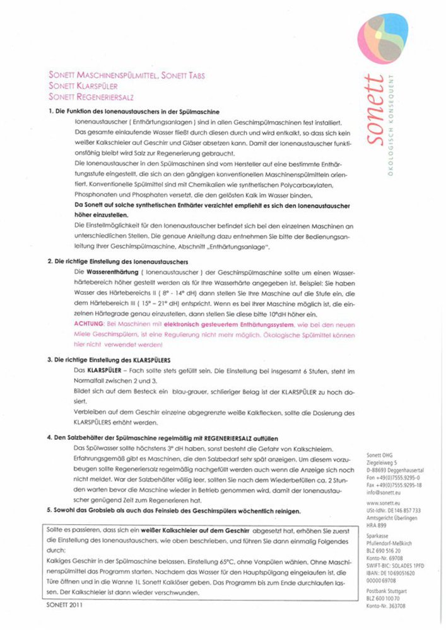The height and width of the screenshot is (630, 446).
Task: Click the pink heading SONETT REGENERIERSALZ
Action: (x=90, y=96)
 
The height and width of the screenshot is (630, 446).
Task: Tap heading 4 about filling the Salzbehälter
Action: (x=162, y=438)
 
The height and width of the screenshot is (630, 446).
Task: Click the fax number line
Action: (x=394, y=486)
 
